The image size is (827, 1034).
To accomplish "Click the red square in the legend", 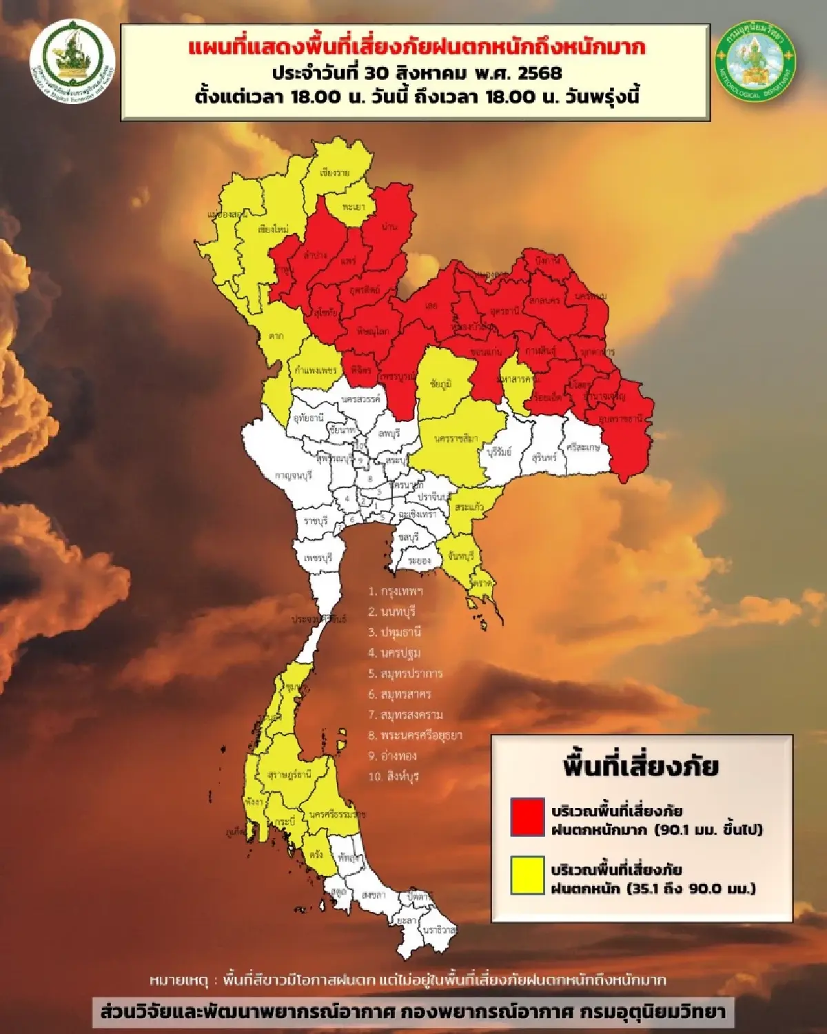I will tap(527, 817).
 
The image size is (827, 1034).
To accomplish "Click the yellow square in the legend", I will tap(527, 875).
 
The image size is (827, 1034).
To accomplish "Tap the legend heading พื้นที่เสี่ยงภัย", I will tap(640, 767).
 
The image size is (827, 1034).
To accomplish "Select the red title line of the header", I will tap(416, 48).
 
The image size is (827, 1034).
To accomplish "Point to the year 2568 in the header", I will tap(538, 72).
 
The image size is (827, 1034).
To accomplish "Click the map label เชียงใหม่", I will tap(273, 229).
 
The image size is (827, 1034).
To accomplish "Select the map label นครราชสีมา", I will tap(456, 439).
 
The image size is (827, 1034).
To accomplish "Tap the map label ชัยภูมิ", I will tap(440, 384).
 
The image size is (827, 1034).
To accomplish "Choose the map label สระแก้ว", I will tap(469, 507).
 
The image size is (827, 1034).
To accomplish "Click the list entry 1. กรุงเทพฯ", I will tap(396, 591).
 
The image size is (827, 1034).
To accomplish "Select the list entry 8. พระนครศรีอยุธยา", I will tap(415, 736).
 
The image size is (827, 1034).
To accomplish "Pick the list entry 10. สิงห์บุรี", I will tap(394, 776).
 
